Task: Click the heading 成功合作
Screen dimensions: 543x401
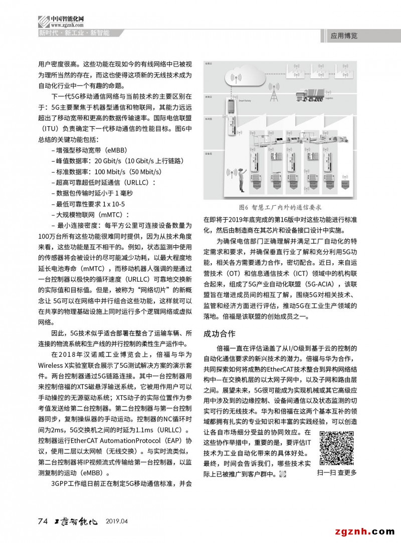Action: point(219,333)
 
